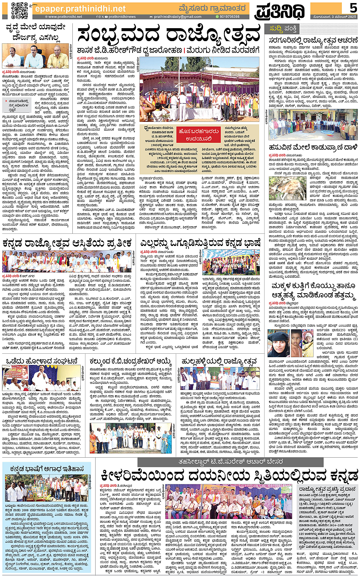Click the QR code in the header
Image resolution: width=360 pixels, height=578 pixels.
19,10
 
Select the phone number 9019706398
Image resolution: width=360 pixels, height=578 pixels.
229,17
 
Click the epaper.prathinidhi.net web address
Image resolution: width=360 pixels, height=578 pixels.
80,8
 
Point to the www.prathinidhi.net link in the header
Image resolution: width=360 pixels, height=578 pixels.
63,17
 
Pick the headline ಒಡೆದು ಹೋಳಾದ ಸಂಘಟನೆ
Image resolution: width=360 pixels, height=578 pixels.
42,361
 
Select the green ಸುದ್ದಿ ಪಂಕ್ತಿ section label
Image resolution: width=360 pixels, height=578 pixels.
283,29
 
